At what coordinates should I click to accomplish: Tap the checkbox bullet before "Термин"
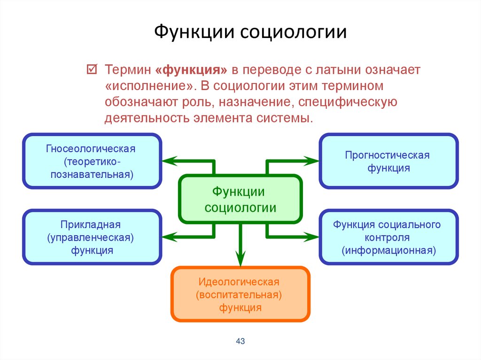[x=92, y=70]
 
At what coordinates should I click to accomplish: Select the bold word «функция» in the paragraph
[x=191, y=70]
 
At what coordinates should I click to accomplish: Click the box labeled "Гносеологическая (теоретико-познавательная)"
[x=92, y=161]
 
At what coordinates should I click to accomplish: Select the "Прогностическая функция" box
[x=388, y=161]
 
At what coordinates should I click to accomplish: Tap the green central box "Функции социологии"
[x=240, y=199]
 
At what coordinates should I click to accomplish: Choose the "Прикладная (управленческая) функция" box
[x=92, y=237]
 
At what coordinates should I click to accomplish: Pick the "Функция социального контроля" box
[x=388, y=237]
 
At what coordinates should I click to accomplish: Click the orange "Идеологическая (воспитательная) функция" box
[x=240, y=294]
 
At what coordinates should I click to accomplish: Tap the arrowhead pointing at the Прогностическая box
[x=314, y=161]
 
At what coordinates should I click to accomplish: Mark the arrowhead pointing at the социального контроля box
[x=314, y=237]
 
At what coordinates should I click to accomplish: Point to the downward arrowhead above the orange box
[x=240, y=259]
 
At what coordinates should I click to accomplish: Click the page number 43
[x=240, y=341]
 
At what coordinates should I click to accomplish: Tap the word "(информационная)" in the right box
[x=388, y=250]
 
